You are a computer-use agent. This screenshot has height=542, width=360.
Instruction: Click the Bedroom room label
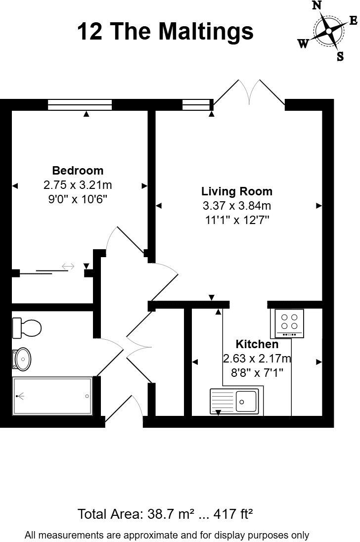(x=78, y=171)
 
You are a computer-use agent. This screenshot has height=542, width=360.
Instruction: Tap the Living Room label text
(x=236, y=191)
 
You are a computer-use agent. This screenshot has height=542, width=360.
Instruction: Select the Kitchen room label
(x=257, y=344)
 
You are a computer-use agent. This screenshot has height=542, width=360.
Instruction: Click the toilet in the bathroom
(x=27, y=327)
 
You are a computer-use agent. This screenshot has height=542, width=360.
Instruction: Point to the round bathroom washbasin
(x=22, y=358)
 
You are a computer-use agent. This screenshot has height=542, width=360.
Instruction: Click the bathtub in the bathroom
(x=52, y=397)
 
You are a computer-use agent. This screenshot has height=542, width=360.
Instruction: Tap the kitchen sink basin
(x=246, y=400)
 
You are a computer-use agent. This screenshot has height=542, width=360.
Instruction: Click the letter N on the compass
(x=317, y=5)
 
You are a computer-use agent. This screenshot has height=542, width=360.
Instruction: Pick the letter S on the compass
(x=340, y=56)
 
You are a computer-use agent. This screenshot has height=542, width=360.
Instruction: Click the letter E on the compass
(x=353, y=20)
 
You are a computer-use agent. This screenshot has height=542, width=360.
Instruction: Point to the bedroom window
(x=80, y=104)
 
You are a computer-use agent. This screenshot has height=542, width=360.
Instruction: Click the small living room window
(x=196, y=104)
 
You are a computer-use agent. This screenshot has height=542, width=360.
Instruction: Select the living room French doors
(x=249, y=94)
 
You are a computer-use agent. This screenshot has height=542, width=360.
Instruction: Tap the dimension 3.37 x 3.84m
(x=236, y=205)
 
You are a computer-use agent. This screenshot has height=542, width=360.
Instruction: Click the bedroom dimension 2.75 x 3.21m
(x=78, y=185)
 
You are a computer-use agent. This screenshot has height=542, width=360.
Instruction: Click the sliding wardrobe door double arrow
(x=68, y=267)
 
